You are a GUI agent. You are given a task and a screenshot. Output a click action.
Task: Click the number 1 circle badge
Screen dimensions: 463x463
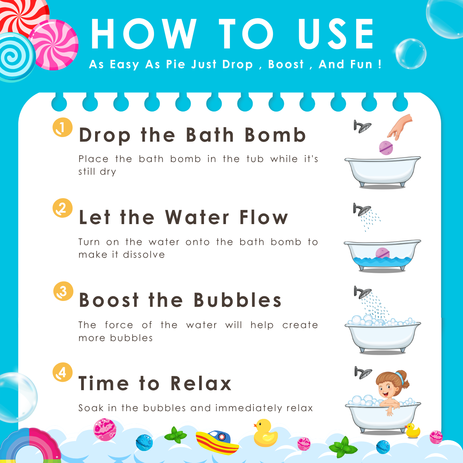pos(62,127)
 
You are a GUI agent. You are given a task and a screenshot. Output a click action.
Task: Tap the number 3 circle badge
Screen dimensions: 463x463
pos(63,291)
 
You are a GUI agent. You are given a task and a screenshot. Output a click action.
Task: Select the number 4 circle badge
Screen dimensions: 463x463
pos(63,372)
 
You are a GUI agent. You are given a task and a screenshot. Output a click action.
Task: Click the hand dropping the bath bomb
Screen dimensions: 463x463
pos(400,127)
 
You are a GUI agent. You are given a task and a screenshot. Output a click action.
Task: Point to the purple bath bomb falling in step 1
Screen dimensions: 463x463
pos(386,148)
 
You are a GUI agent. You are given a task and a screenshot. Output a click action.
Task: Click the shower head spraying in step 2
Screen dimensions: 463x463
pos(362,210)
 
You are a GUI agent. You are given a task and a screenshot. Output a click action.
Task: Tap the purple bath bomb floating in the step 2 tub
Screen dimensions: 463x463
pos(383,253)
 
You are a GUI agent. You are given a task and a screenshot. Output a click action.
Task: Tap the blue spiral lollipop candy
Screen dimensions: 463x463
pos(15,57)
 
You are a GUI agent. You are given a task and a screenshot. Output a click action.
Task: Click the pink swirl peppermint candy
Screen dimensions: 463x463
pos(54,45)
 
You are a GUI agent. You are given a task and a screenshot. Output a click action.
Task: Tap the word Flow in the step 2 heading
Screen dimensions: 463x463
pos(264,217)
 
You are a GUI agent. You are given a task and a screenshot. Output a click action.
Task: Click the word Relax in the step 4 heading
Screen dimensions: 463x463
pos(201,383)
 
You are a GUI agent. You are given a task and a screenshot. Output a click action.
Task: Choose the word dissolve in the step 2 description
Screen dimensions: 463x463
pos(144,255)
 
